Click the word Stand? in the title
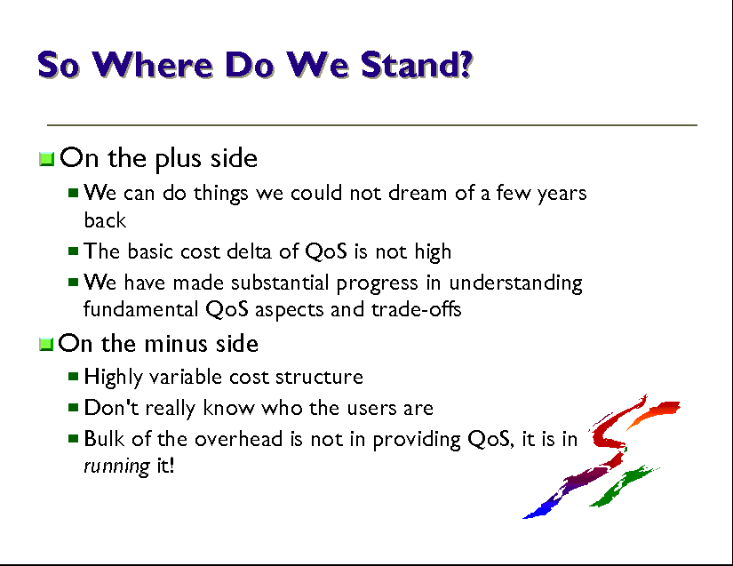(x=417, y=65)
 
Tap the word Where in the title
(x=153, y=65)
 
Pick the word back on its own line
(x=105, y=219)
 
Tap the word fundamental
(x=140, y=309)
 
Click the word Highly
(x=113, y=378)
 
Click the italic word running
(x=116, y=466)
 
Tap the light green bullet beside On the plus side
(x=46, y=159)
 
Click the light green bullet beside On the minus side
(x=46, y=345)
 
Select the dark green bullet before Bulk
(x=73, y=438)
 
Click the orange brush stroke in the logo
(x=654, y=411)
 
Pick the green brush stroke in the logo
(x=623, y=486)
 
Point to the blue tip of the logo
(x=535, y=513)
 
